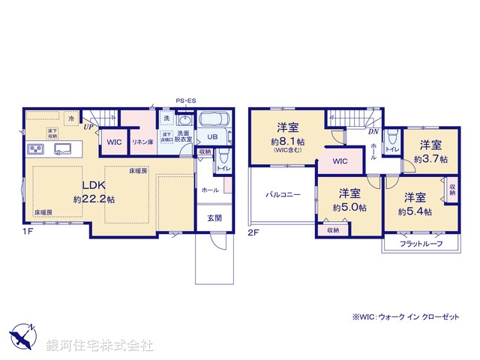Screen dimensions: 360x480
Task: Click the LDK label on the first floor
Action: (x=94, y=186)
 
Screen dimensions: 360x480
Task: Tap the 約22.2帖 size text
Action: (x=94, y=199)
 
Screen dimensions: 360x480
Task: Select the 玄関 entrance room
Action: (x=214, y=217)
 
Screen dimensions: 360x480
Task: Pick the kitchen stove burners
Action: (x=35, y=148)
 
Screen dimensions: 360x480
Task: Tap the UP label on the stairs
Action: (x=88, y=127)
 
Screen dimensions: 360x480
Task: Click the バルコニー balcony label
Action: (x=282, y=194)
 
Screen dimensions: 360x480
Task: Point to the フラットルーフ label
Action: (x=420, y=244)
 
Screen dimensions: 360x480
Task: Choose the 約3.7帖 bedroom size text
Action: (x=430, y=159)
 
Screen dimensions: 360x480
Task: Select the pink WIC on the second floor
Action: (x=340, y=160)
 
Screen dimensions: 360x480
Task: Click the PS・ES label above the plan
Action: (x=185, y=100)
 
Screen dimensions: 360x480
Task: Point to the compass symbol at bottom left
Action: (x=22, y=334)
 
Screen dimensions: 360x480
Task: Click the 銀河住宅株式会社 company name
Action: (x=100, y=346)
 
